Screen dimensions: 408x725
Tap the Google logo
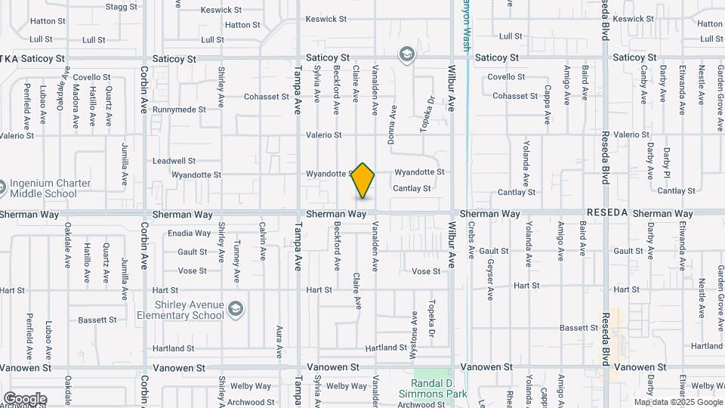[25, 399]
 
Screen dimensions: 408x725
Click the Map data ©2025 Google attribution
[677, 402]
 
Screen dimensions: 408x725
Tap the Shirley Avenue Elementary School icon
[236, 309]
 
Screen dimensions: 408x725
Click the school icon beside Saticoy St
[407, 54]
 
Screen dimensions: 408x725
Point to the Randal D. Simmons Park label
[433, 388]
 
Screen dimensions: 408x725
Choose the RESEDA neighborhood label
[606, 213]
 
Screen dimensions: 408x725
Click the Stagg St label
[122, 7]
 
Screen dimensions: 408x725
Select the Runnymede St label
[179, 110]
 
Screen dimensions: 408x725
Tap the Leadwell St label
[174, 161]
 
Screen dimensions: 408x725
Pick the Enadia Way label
[189, 233]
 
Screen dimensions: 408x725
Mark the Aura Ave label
[279, 342]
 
